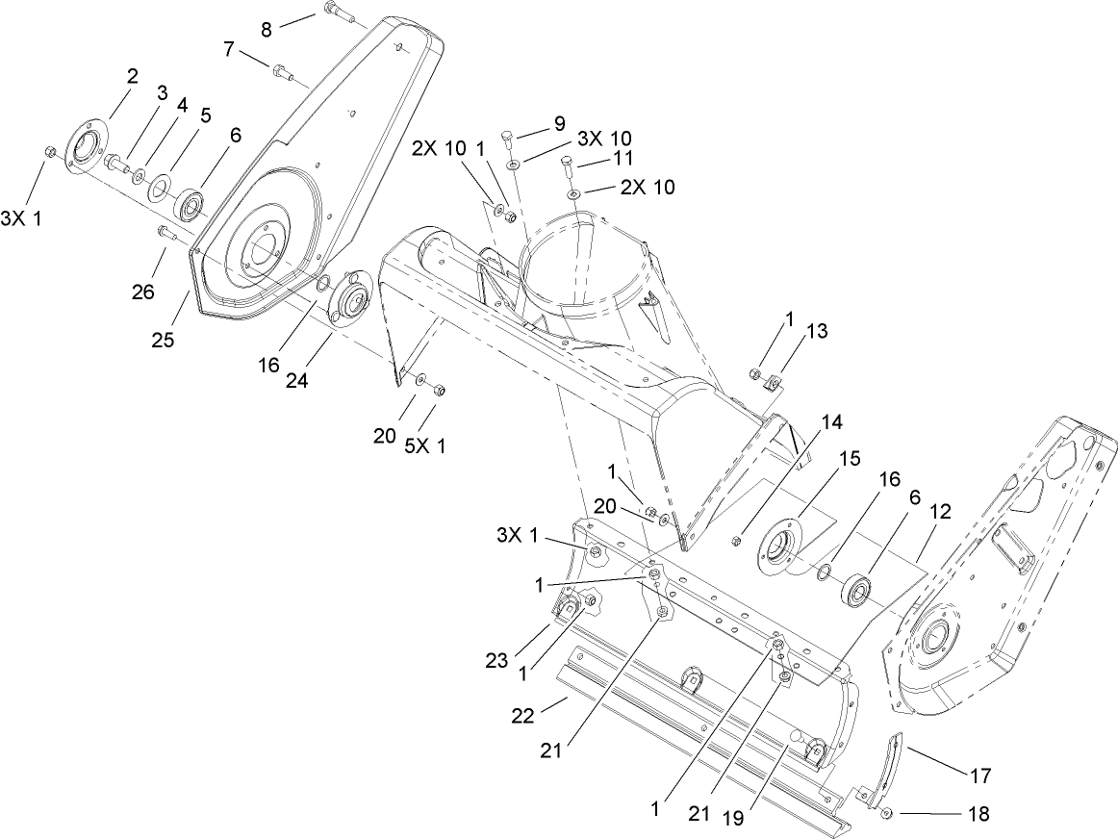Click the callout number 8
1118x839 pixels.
(x=267, y=28)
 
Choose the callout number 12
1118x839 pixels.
(x=939, y=512)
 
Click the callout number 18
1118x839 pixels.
(x=978, y=814)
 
